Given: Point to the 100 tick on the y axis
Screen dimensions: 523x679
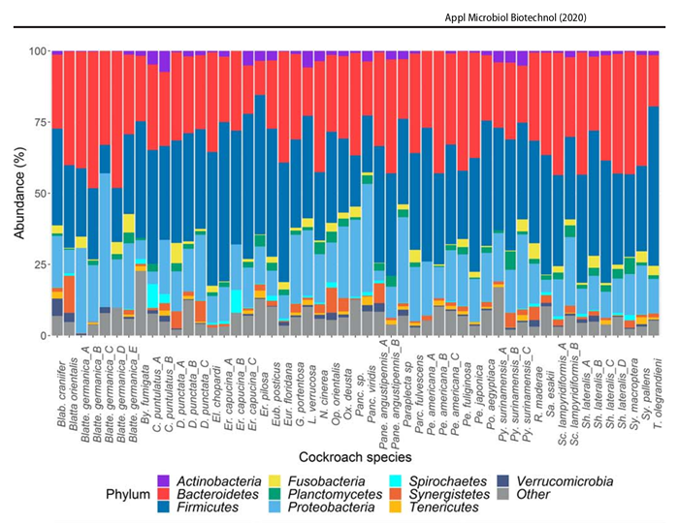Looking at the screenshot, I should click(x=36, y=50).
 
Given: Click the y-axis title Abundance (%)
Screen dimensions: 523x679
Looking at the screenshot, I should click(x=14, y=194).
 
